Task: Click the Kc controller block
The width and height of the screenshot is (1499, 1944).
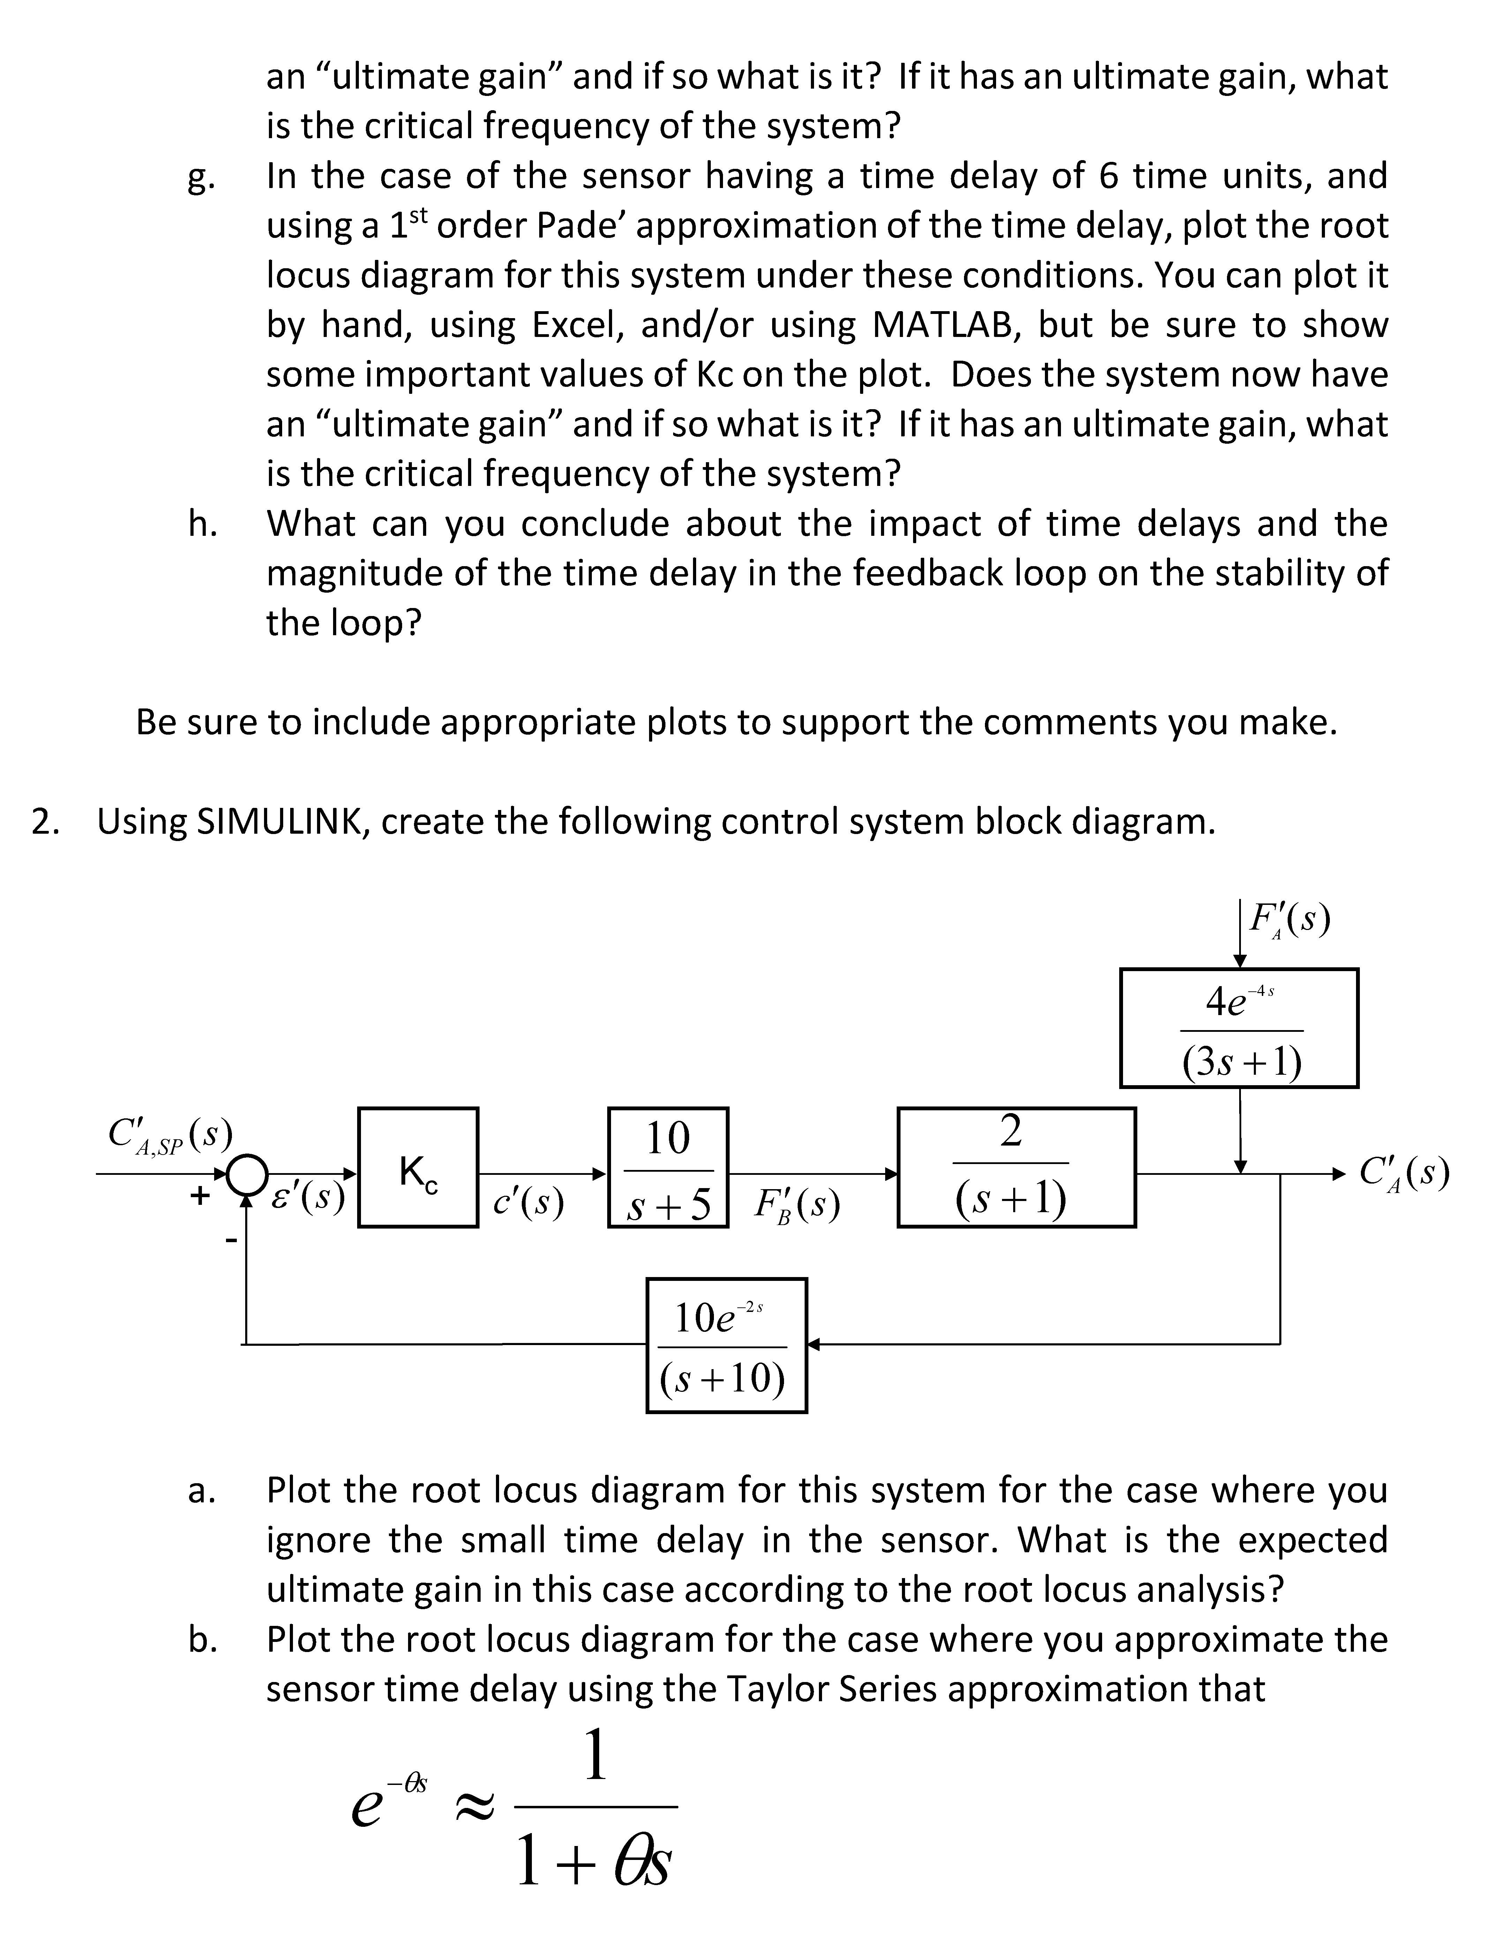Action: coord(417,1167)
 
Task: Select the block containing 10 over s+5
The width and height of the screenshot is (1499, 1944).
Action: coord(668,1167)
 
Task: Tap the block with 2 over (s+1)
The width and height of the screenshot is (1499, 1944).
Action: coord(1016,1167)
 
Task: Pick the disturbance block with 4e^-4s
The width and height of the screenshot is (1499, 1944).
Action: coord(1238,1027)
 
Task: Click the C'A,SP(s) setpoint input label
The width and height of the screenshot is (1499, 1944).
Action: coord(169,1135)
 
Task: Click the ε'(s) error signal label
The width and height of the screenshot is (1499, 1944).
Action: coord(306,1198)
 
